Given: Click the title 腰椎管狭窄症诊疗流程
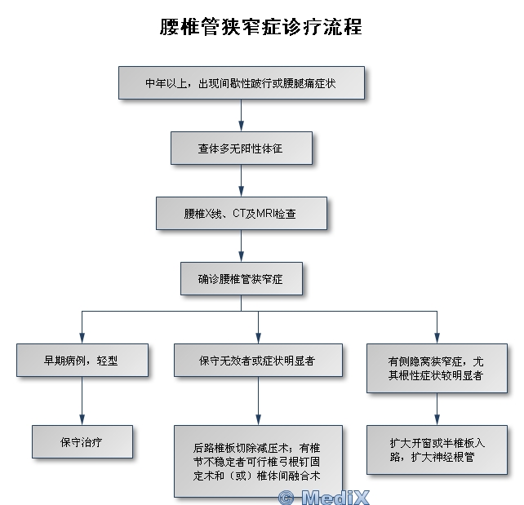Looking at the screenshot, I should tap(261, 26).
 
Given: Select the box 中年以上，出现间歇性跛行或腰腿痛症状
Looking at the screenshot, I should tap(241, 83).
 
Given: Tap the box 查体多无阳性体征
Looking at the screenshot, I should tap(241, 149).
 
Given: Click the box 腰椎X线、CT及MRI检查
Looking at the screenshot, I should tap(241, 214).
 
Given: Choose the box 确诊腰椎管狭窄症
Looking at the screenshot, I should tap(241, 279).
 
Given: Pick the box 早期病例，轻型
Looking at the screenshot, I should tap(82, 360).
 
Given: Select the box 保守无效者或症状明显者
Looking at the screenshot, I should tap(258, 360).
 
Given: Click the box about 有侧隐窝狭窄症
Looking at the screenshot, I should tap(437, 368).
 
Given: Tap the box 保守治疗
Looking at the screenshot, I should tap(82, 441).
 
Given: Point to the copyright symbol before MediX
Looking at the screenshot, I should tap(286, 497).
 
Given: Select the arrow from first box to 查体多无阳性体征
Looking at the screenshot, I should tap(241, 117).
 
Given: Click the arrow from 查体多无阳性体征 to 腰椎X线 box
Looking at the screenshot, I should tap(241, 182).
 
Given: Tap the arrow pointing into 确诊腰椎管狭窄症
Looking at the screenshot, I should tap(241, 247).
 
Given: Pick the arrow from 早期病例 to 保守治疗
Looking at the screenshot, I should tap(82, 401).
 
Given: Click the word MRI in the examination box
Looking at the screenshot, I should tap(264, 214).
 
